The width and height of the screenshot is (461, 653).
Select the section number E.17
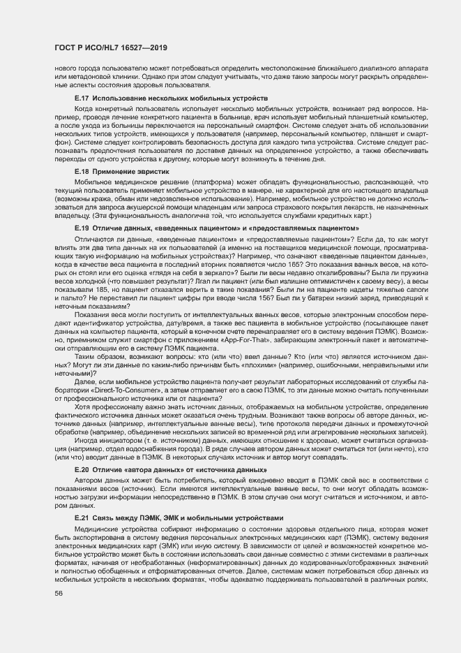click(82, 99)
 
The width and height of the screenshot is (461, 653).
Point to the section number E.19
click(82, 228)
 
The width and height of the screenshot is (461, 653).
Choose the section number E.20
click(82, 470)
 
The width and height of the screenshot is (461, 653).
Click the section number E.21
click(82, 518)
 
